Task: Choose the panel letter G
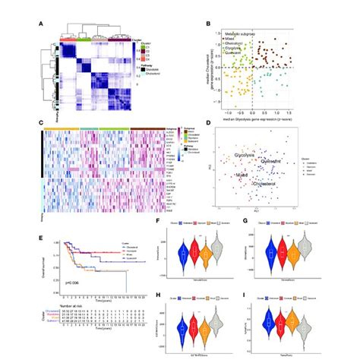tap(238, 222)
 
